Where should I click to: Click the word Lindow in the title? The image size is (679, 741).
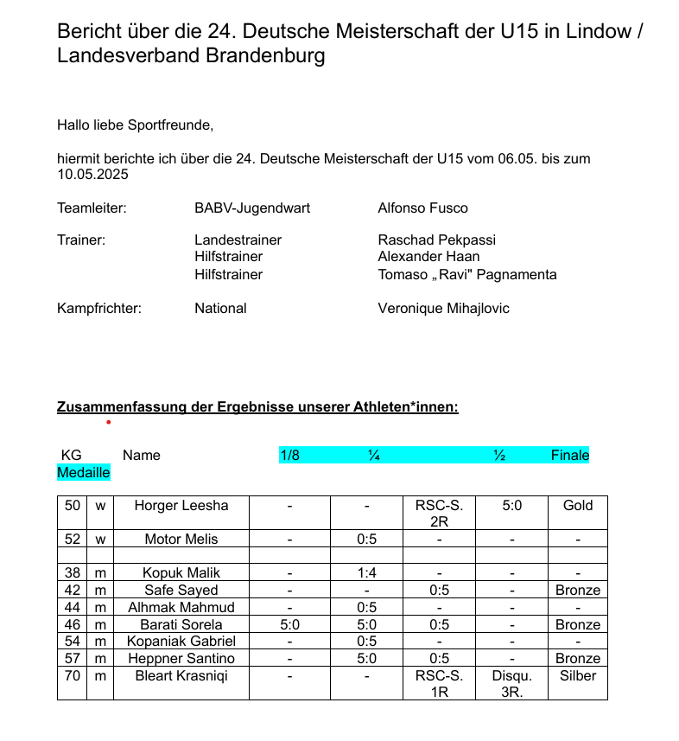[595, 32]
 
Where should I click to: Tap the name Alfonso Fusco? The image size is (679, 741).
[422, 208]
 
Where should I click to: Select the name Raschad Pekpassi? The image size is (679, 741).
[436, 240]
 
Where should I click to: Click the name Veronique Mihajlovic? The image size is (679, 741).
[443, 308]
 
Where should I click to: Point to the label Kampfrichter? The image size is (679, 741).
[99, 308]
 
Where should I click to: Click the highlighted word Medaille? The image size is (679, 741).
[84, 473]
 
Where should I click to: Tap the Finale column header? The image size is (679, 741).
[570, 455]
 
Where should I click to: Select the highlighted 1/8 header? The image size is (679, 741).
[289, 455]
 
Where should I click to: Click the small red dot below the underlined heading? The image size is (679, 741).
[108, 423]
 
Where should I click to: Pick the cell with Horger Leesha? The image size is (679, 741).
[181, 505]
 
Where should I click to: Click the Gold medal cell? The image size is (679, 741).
[577, 505]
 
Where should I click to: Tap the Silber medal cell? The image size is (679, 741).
[577, 675]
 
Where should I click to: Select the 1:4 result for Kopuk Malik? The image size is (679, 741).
[366, 572]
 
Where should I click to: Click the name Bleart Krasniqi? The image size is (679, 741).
[181, 675]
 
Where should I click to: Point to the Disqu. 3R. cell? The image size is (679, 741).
[511, 683]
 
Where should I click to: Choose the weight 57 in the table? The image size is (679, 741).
[73, 658]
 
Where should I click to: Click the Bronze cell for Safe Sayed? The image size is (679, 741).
[577, 590]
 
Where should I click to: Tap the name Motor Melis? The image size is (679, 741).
[181, 539]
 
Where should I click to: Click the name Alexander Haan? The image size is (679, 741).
[428, 256]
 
